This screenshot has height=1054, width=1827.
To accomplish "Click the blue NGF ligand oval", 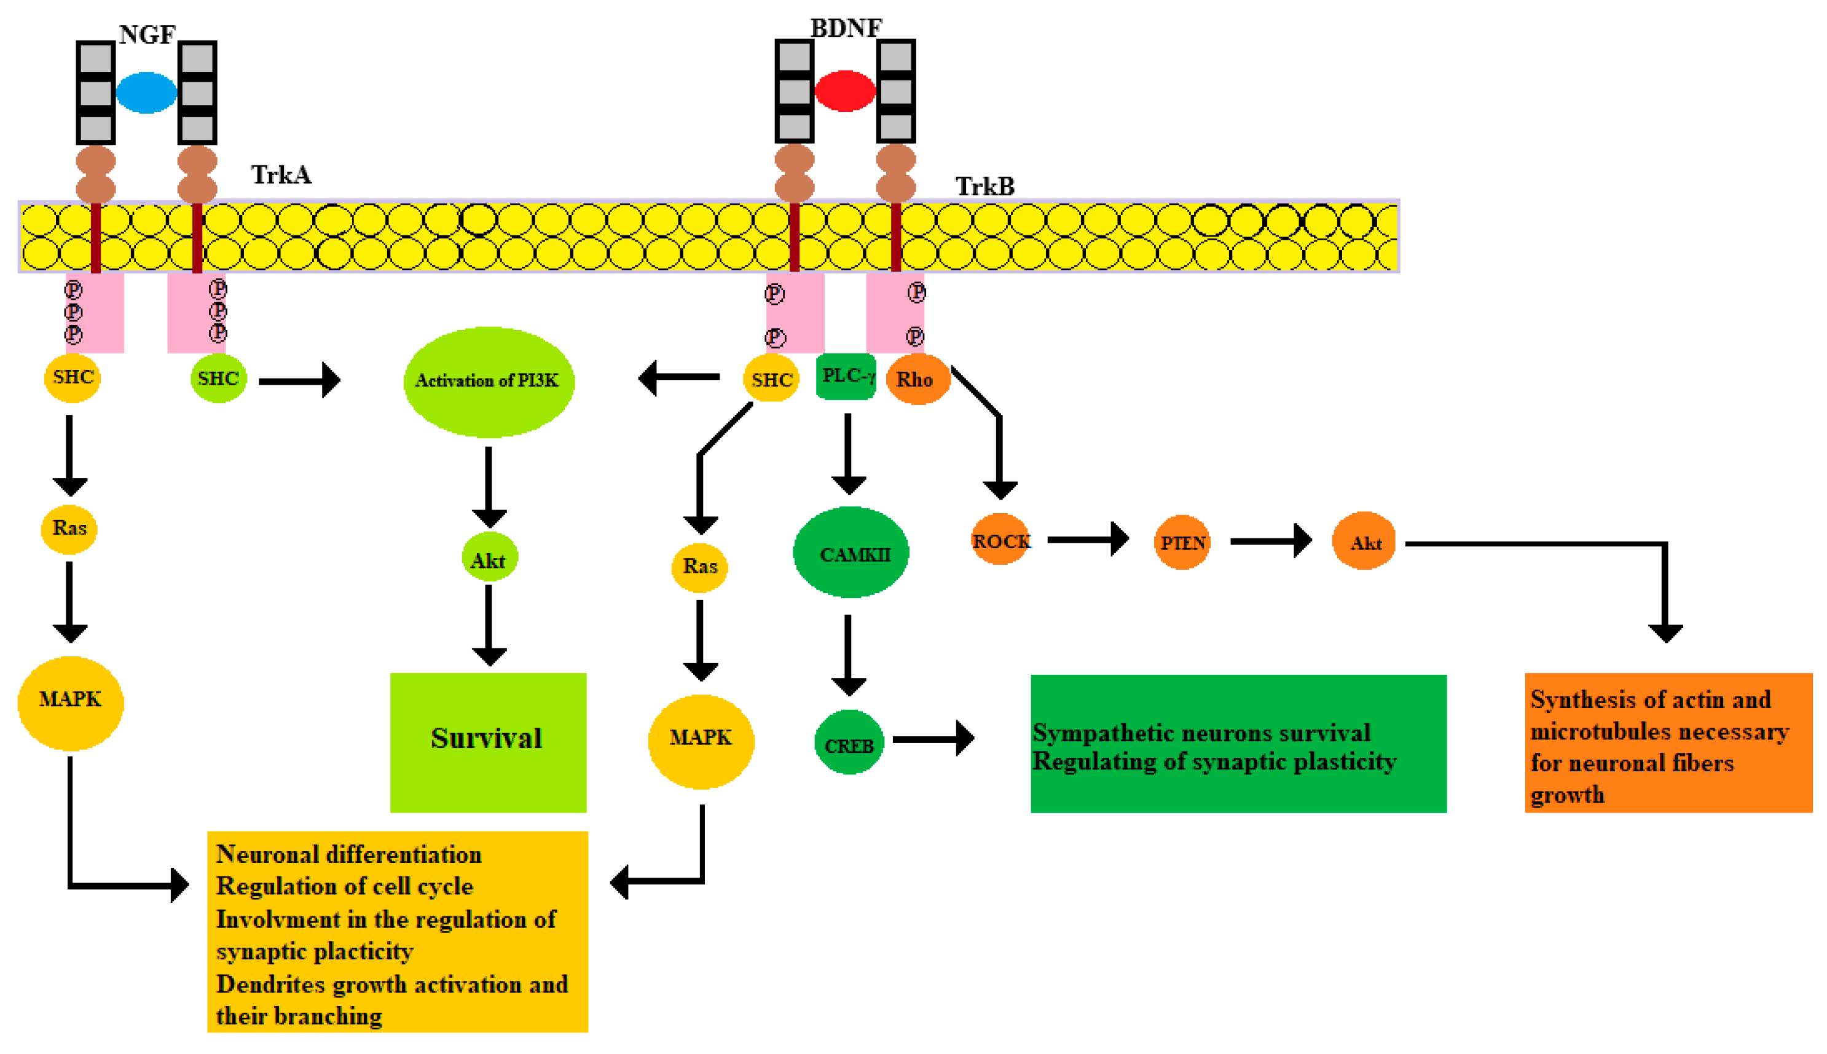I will (x=146, y=93).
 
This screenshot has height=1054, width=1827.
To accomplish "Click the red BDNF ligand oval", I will (x=845, y=91).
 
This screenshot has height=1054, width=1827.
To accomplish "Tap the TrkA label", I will (x=281, y=175).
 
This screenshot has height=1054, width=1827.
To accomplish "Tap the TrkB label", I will (x=984, y=186).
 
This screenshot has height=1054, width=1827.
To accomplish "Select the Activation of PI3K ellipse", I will (x=489, y=382).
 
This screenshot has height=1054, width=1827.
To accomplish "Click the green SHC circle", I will (x=218, y=378).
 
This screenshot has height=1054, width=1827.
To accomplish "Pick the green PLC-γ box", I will (x=846, y=376).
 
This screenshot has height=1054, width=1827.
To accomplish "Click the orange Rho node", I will (x=916, y=379).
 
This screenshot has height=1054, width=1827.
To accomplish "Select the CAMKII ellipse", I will (x=851, y=554).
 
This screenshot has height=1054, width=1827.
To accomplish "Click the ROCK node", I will (x=1000, y=540).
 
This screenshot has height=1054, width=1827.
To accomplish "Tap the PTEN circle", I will (x=1181, y=542).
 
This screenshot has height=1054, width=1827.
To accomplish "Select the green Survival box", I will (x=488, y=742).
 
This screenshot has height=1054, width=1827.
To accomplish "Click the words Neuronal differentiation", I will (x=348, y=854).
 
